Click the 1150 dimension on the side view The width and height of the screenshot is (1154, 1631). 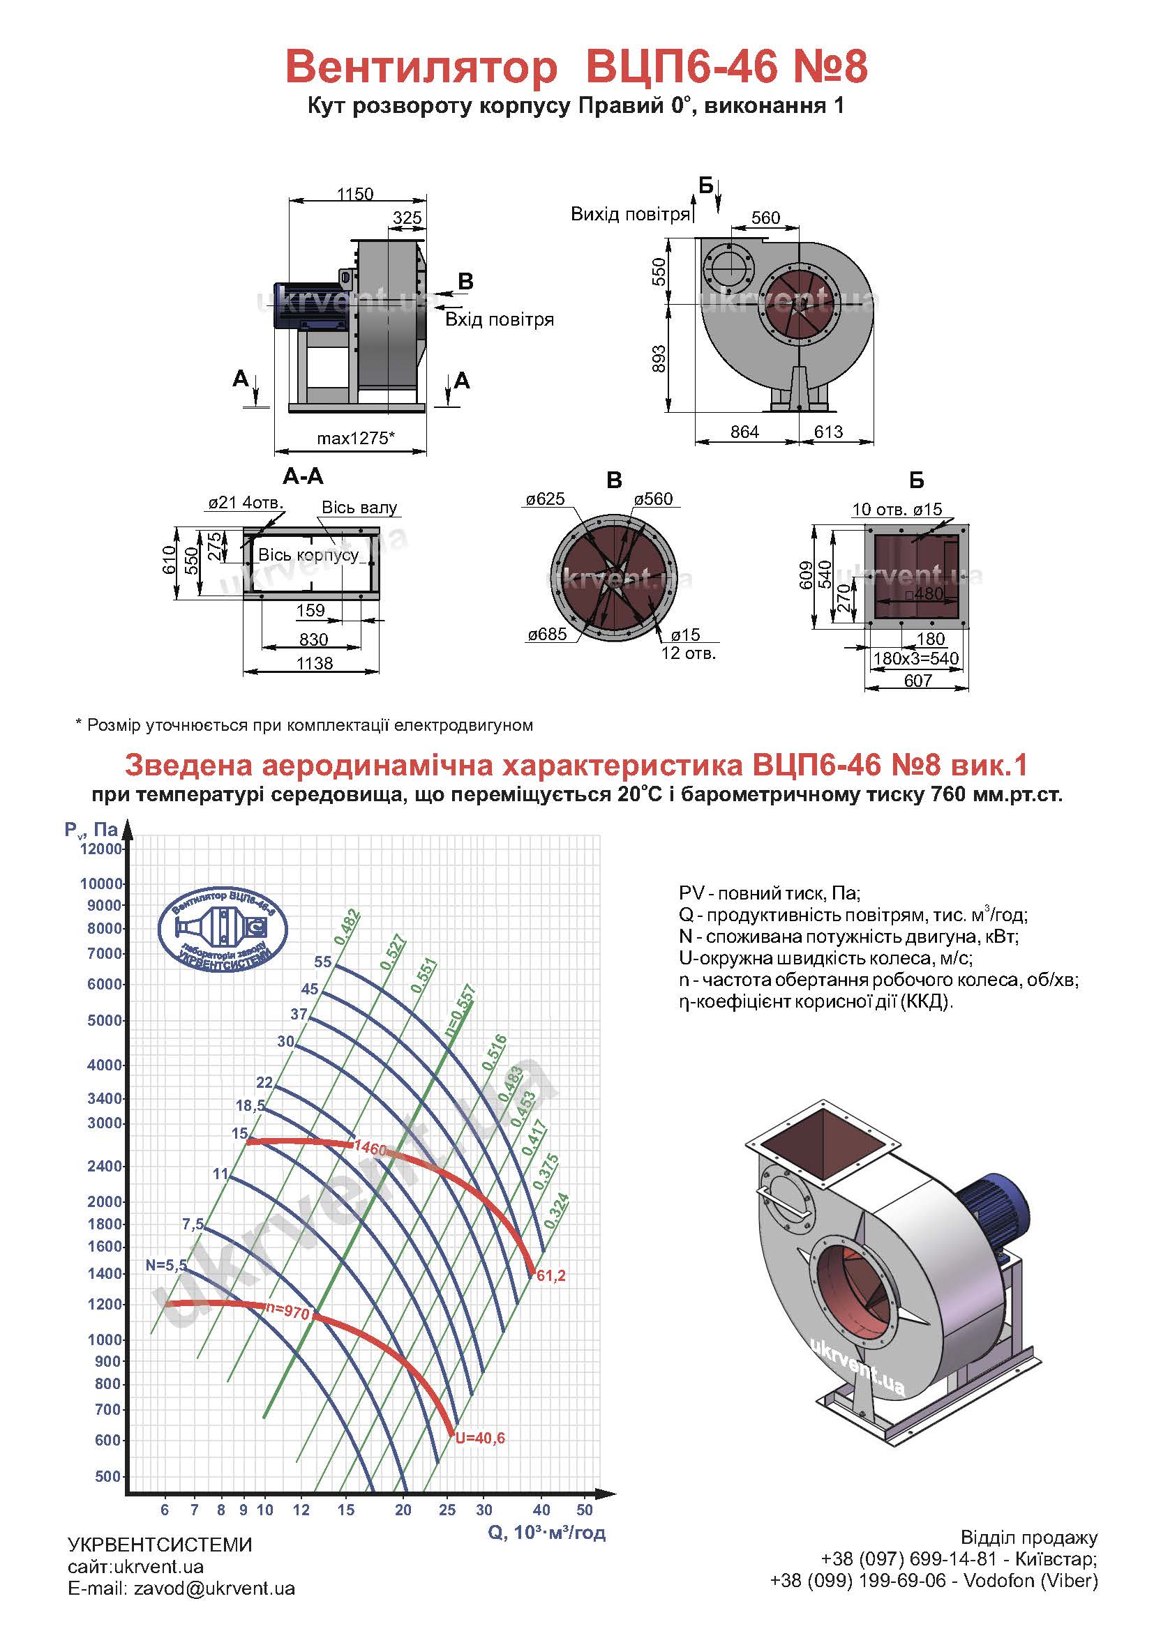click(354, 194)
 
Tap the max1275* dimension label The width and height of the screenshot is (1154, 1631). click(355, 438)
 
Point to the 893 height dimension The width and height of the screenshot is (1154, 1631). click(659, 358)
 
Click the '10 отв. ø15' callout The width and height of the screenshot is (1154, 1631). click(897, 508)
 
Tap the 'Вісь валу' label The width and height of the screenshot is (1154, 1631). click(359, 507)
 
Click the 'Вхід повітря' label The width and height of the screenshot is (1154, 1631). click(500, 319)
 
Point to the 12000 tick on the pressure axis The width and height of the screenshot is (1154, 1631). click(102, 849)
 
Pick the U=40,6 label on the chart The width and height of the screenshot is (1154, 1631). click(479, 1438)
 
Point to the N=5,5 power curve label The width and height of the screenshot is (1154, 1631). click(166, 1264)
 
